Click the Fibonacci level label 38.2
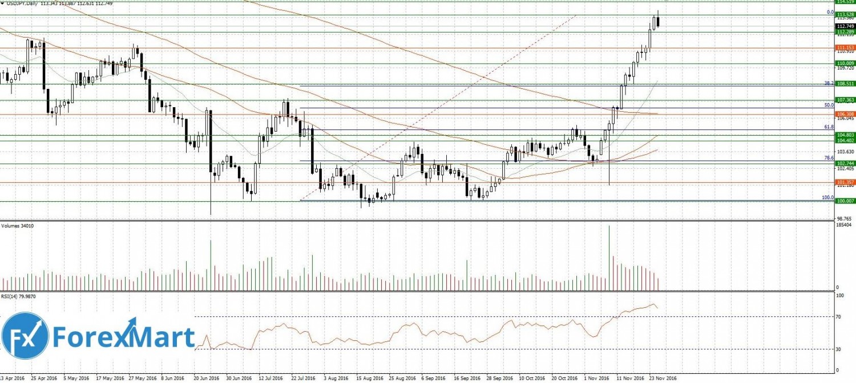click(829, 83)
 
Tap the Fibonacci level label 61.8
click(829, 127)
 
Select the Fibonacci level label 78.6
click(829, 158)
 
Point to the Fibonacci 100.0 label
click(827, 197)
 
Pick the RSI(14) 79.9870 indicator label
click(20, 297)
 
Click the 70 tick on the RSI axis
click(839, 316)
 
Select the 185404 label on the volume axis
click(843, 226)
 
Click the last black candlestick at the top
click(659, 22)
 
